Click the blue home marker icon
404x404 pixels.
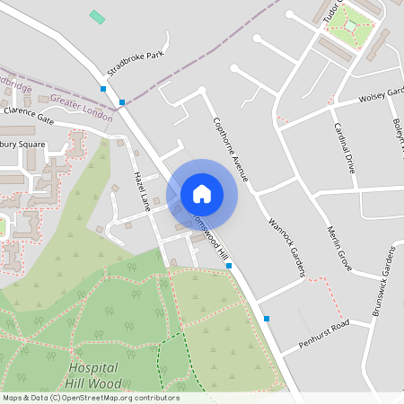click(x=202, y=194)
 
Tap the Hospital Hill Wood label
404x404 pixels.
click(x=94, y=375)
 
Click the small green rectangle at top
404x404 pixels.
click(x=97, y=17)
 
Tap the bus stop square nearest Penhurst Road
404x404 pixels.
click(x=267, y=319)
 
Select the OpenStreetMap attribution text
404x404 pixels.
click(x=91, y=398)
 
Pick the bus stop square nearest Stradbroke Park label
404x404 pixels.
click(x=122, y=102)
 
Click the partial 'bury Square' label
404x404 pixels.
click(x=22, y=144)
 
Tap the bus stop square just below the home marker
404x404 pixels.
click(x=229, y=266)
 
